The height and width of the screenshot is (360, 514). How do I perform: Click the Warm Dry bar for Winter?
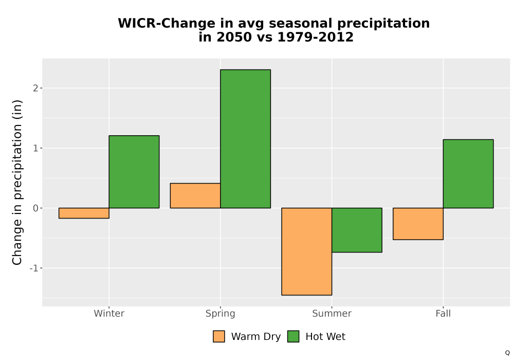(x=84, y=213)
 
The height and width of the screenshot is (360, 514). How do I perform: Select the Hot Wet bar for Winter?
(x=134, y=172)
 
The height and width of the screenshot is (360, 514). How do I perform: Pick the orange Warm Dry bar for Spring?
(x=195, y=196)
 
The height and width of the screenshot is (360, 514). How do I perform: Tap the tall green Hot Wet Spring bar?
(x=246, y=139)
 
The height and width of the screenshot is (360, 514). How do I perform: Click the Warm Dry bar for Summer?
(x=307, y=251)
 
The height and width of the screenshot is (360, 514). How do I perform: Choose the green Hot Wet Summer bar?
(x=357, y=230)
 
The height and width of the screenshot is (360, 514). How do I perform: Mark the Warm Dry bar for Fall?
(x=418, y=224)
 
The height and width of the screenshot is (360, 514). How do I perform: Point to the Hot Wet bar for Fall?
(x=468, y=174)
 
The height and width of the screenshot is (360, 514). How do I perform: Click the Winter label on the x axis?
(x=109, y=313)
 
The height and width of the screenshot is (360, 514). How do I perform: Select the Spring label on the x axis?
(x=221, y=314)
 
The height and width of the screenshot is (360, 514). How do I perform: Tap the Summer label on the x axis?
(x=332, y=313)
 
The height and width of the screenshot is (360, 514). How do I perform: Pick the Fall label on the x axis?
(x=443, y=313)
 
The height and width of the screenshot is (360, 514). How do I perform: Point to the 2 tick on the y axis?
(x=36, y=88)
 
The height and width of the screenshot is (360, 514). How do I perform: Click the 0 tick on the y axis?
(x=36, y=208)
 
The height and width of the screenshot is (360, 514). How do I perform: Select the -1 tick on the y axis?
(x=34, y=268)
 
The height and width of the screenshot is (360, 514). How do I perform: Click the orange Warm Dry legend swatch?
(x=219, y=336)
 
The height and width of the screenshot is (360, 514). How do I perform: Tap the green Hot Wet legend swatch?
(x=293, y=336)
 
